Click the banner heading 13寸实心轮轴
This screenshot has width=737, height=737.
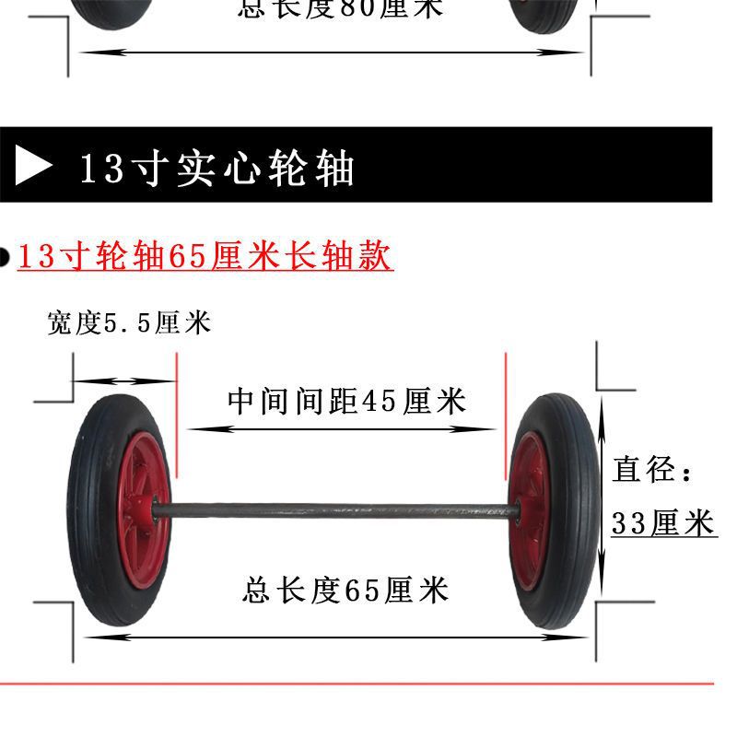217,169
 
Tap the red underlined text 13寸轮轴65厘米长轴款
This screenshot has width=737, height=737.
205,256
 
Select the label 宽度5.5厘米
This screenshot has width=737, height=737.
129,322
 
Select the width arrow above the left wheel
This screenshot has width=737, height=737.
123,381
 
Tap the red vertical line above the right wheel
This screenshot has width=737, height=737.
506,415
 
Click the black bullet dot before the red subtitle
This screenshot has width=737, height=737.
5,258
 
